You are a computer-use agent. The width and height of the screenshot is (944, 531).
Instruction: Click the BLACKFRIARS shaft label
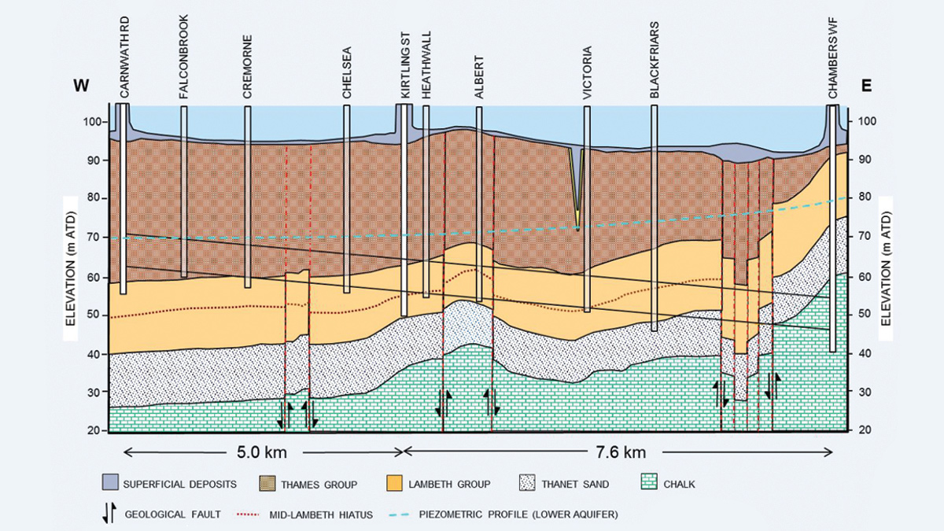click(655, 60)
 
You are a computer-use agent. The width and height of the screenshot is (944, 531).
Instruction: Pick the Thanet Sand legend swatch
click(526, 483)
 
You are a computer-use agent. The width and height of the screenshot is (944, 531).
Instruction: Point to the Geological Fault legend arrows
click(109, 514)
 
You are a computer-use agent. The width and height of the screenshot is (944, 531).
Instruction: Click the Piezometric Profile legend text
click(518, 514)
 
